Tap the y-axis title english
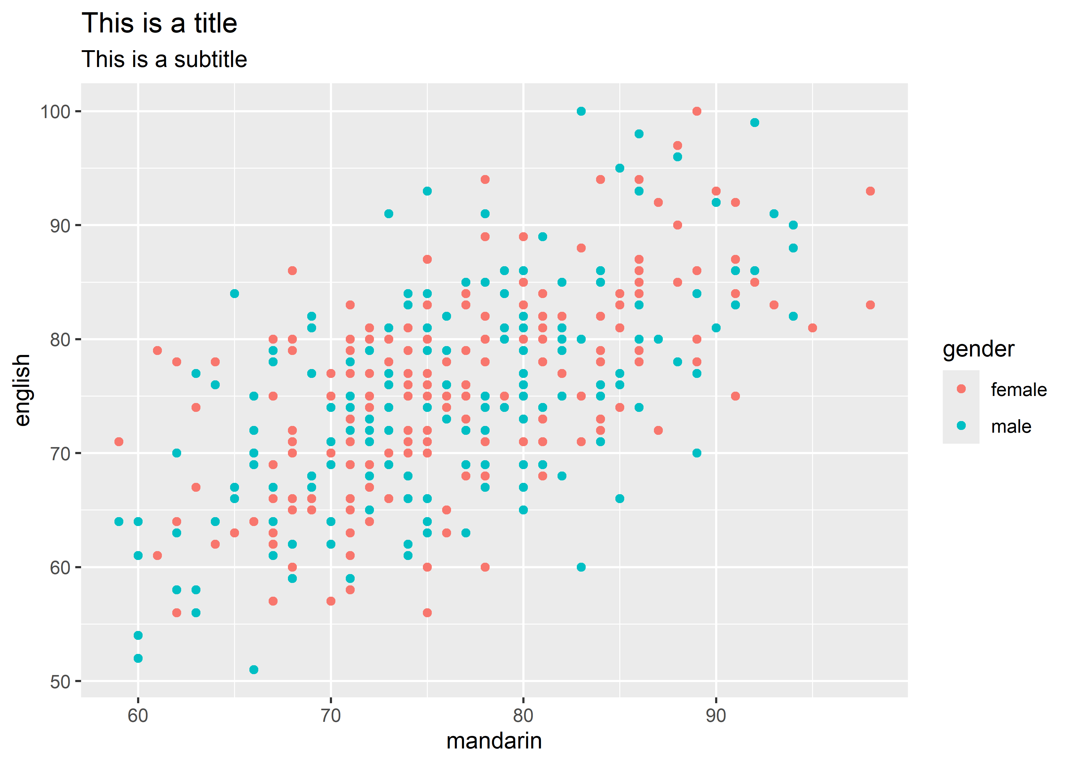(22, 390)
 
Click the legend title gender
(978, 349)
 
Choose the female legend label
(1018, 390)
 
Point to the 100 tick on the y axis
(55, 112)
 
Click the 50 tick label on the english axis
(59, 682)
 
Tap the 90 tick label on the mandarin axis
(715, 715)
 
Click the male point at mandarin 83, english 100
(581, 111)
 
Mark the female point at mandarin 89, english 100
(696, 111)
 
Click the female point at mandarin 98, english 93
(870, 191)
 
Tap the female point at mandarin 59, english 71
(119, 441)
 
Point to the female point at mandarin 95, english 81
(812, 327)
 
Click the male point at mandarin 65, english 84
(234, 293)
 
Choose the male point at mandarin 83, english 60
(581, 567)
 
